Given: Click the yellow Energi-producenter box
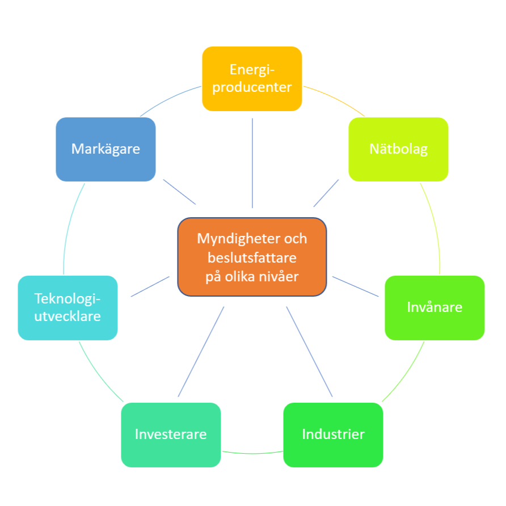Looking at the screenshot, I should coord(252,78).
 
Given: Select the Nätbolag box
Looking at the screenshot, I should coord(398,149).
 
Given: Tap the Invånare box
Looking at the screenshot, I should coord(435,307).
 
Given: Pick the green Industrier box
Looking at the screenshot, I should coord(333,435).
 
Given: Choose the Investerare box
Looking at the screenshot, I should coord(171,435).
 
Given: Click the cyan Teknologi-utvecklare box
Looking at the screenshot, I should coord(68,307).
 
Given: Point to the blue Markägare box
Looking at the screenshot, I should coord(106,149).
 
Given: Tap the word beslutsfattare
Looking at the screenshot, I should coord(252,258).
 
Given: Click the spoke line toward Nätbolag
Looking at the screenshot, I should coord(326,193).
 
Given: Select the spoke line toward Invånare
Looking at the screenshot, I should coord(355,286).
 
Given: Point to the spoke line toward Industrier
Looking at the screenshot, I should coord(309,351).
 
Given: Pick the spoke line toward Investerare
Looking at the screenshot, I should coord(201,352).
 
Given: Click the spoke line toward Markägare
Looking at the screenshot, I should coord(179,192).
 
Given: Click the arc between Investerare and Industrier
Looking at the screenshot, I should coord(252,453).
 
